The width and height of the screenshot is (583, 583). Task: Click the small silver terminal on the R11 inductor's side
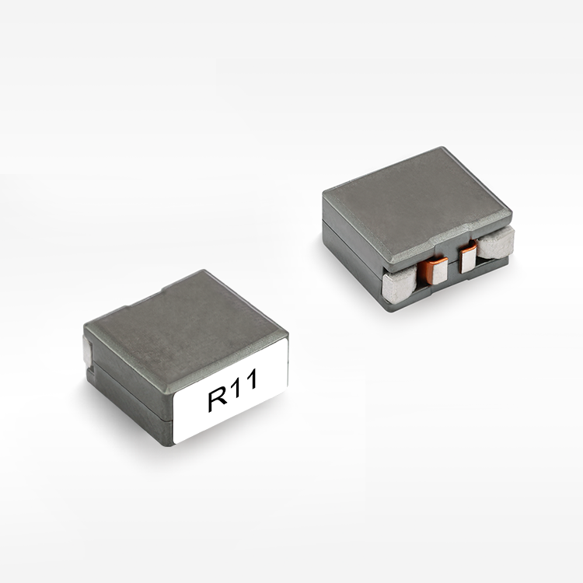click(x=87, y=349)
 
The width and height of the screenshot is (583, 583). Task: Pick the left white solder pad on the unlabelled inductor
click(x=399, y=287)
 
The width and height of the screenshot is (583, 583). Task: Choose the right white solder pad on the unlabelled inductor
click(x=497, y=244)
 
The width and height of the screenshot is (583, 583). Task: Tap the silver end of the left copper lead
click(x=440, y=271)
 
